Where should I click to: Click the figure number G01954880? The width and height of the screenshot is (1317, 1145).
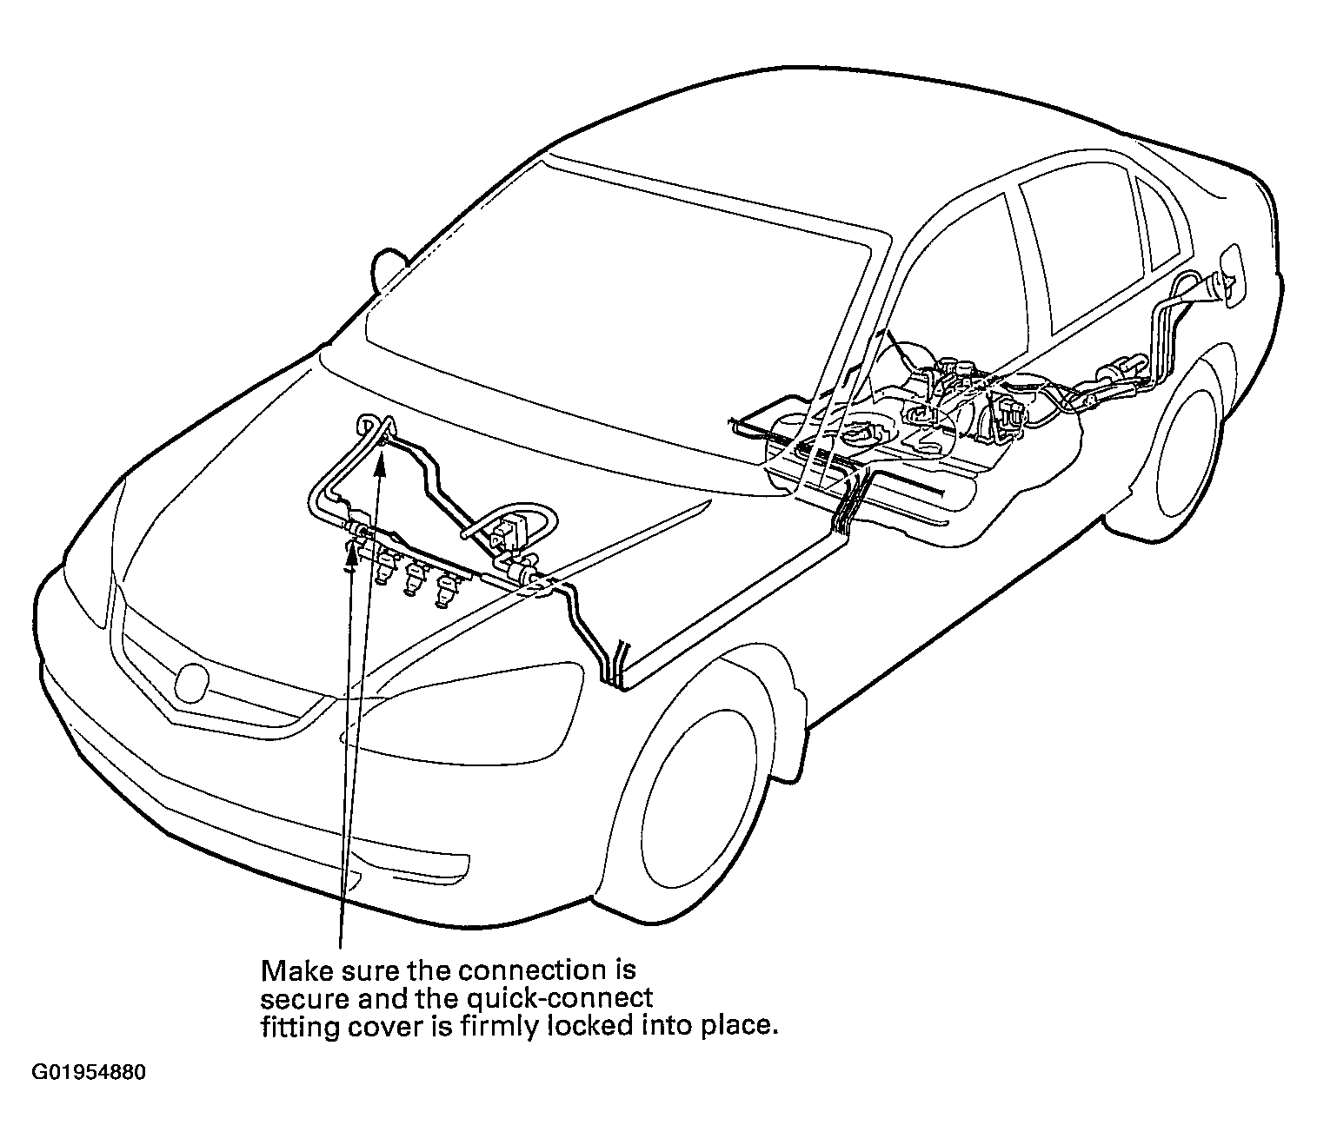coord(89,1073)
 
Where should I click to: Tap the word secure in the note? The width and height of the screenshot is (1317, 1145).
coord(303,1000)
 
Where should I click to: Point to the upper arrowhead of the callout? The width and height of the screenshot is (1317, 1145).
coord(381,462)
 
